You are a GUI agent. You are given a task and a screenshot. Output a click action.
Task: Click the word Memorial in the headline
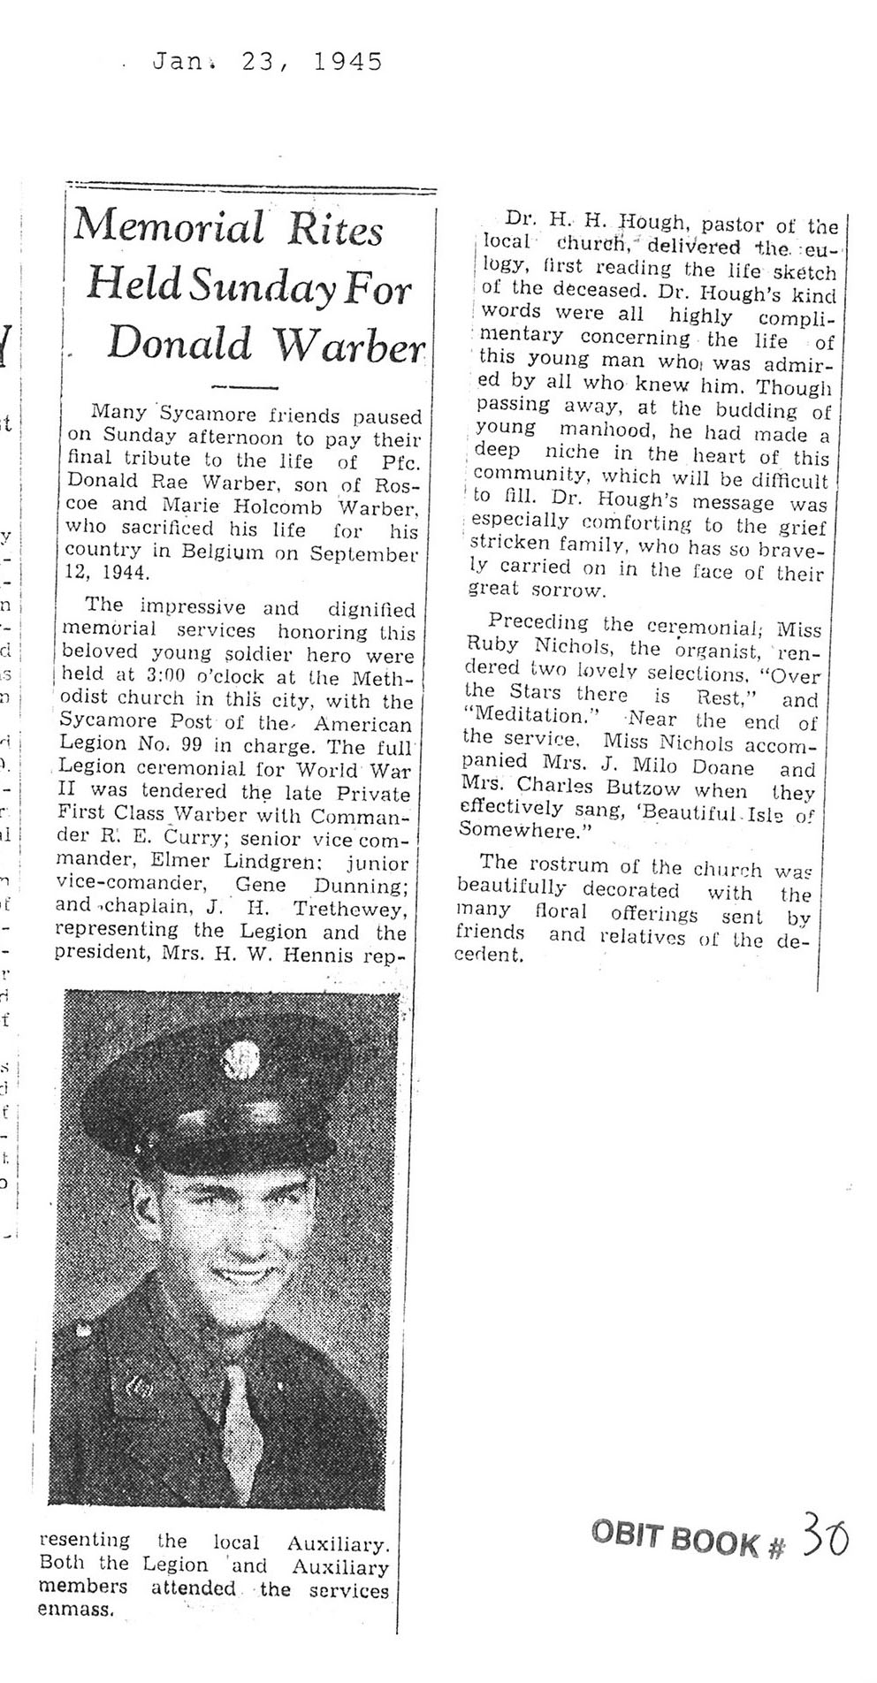click(x=169, y=229)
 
